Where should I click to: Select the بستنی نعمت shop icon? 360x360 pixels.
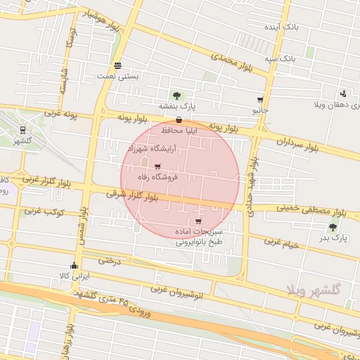point(117,65)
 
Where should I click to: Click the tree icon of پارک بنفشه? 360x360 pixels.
point(176,95)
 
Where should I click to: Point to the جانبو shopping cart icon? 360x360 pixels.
point(260,101)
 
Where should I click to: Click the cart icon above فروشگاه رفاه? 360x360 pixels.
point(157,167)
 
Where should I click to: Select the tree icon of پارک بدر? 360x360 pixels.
point(332,227)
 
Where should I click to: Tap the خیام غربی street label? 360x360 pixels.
point(281,243)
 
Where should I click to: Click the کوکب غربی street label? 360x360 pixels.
point(44,211)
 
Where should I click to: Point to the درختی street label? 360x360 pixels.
point(110,260)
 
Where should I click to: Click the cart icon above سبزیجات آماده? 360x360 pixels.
point(198,221)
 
